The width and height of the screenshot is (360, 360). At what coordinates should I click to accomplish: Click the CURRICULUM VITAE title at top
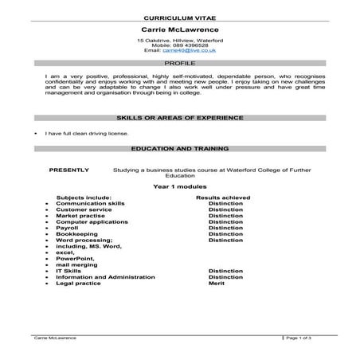(x=179, y=17)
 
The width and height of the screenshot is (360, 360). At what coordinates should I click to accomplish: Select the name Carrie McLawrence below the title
(x=179, y=29)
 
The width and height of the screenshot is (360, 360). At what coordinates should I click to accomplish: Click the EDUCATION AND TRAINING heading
(x=179, y=148)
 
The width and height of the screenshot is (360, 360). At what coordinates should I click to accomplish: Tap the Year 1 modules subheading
(x=179, y=186)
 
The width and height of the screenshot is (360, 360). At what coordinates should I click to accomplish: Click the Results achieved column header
(x=223, y=198)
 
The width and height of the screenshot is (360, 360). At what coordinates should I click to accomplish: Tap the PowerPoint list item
(x=74, y=259)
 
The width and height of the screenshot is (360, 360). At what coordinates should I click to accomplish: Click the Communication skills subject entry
(x=90, y=204)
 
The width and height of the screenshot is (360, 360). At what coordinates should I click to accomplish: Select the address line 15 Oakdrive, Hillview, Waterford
(x=179, y=40)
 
